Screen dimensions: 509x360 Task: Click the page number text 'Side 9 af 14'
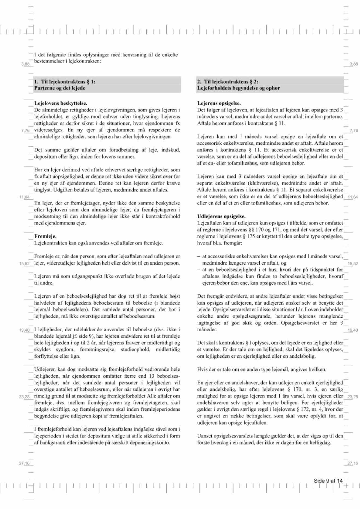pyautogui.click(x=328, y=481)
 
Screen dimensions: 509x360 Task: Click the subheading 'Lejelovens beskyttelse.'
pyautogui.click(x=61, y=103)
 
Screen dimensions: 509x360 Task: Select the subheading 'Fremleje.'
pyautogui.click(x=45, y=236)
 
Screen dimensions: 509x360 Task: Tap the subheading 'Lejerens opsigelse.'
pyautogui.click(x=219, y=103)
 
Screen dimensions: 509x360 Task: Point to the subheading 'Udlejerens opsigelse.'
pyautogui.click(x=221, y=216)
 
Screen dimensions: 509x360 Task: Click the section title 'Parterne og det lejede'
pyautogui.click(x=59, y=88)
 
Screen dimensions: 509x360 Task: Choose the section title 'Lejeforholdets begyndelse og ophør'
pyautogui.click(x=238, y=88)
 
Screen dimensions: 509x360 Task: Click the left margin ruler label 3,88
pyautogui.click(x=25, y=64)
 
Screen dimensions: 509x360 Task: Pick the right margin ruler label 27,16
pyautogui.click(x=353, y=463)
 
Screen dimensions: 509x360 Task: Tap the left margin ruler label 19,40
pyautogui.click(x=24, y=330)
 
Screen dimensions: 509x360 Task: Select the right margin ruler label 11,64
pyautogui.click(x=353, y=197)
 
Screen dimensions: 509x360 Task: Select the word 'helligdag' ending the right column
pyautogui.click(x=320, y=443)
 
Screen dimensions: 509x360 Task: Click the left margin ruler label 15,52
pyautogui.click(x=24, y=263)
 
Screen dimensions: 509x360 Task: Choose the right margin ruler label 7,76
pyautogui.click(x=354, y=131)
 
